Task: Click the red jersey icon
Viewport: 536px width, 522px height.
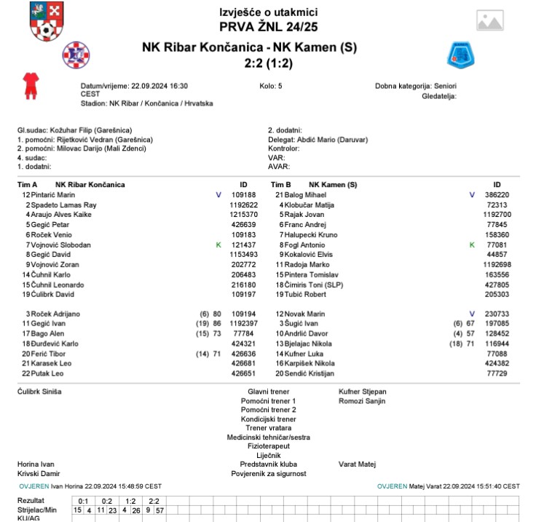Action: pyautogui.click(x=31, y=85)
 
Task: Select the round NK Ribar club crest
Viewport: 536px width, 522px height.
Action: pyautogui.click(x=75, y=53)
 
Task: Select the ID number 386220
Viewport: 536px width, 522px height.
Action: pyautogui.click(x=497, y=195)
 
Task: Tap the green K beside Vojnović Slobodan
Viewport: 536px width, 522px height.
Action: pyautogui.click(x=218, y=245)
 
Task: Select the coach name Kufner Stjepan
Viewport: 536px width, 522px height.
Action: pyautogui.click(x=363, y=391)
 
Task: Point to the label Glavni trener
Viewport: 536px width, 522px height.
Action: pyautogui.click(x=268, y=391)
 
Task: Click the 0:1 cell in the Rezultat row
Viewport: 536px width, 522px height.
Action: pyautogui.click(x=83, y=501)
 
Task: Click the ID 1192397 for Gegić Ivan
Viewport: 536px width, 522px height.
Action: pyautogui.click(x=244, y=323)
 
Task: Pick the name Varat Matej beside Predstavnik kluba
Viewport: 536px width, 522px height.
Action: pyautogui.click(x=357, y=464)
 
